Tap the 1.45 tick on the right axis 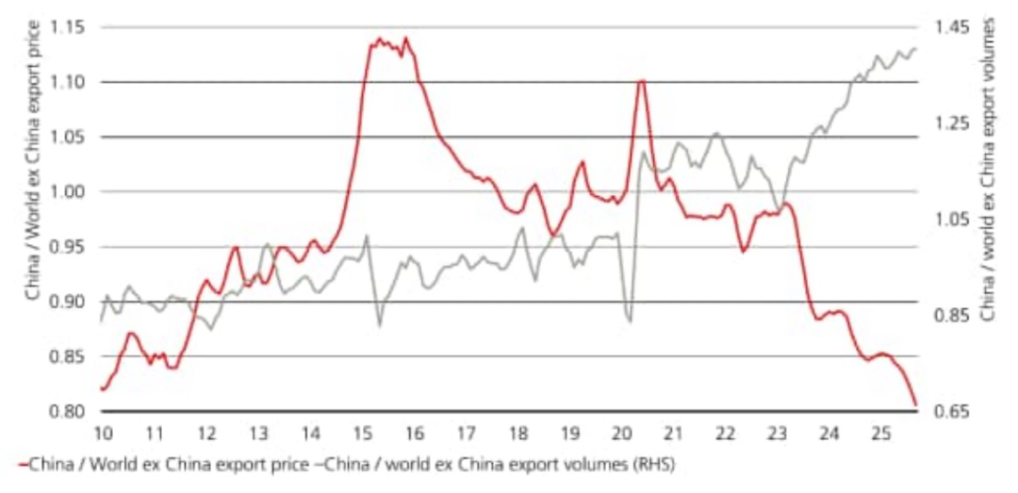point(946,27)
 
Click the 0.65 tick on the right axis point(946,411)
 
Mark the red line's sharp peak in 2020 point(641,81)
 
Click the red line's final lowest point point(915,405)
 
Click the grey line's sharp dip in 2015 point(380,325)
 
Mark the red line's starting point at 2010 point(102,388)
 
